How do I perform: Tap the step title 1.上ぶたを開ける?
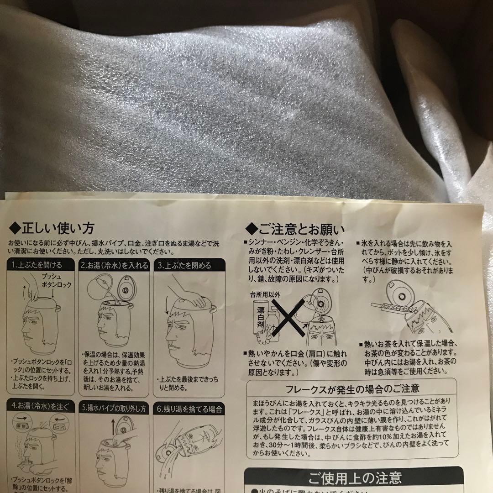[37, 265]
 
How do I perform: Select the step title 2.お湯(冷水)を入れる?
[115, 265]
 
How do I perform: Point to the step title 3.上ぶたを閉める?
[184, 265]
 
